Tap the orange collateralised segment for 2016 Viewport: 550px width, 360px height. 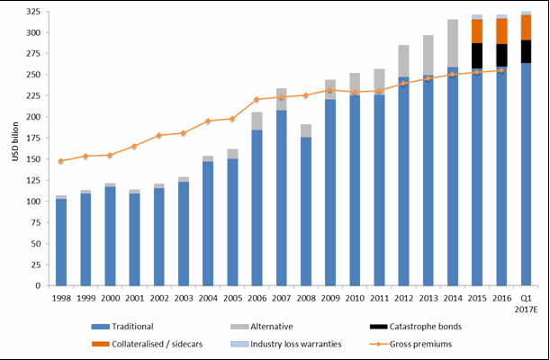(x=501, y=31)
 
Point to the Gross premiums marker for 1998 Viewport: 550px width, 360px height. (x=61, y=161)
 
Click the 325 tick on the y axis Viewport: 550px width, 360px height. (x=38, y=12)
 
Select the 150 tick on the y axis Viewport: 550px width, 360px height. (x=38, y=159)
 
